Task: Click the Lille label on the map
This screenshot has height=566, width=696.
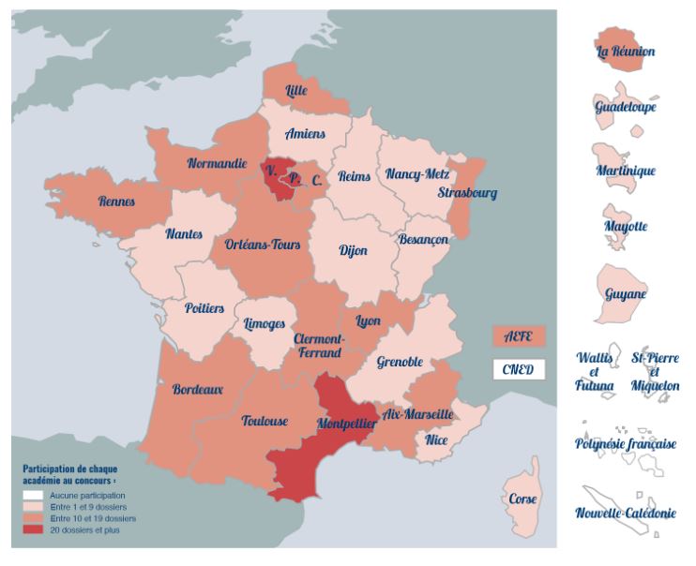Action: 295,90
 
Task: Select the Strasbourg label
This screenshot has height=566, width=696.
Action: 467,193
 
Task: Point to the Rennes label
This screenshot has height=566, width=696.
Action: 116,201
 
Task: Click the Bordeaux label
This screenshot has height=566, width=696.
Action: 198,389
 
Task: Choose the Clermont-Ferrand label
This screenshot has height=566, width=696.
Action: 320,346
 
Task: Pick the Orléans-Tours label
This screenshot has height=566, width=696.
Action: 263,245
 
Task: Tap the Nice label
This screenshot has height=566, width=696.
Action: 436,439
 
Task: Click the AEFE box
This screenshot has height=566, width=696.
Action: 518,335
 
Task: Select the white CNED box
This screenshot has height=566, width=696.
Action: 518,369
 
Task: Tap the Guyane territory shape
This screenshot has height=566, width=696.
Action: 624,293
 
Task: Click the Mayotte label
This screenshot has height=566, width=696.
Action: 626,226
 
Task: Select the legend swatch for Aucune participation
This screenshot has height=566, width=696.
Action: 33,495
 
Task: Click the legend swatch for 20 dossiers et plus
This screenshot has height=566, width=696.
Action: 33,530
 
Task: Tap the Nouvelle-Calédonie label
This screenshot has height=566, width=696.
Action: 625,513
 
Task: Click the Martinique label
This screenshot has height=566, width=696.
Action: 625,171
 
